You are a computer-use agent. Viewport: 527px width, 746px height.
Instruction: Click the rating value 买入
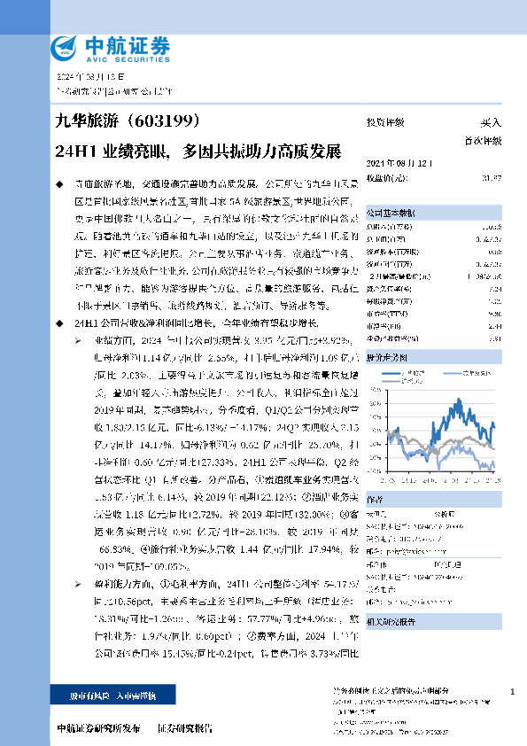point(491,122)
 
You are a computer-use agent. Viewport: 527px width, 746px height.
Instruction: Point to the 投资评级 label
point(385,122)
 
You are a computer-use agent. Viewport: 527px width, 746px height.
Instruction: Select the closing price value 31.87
point(492,178)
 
